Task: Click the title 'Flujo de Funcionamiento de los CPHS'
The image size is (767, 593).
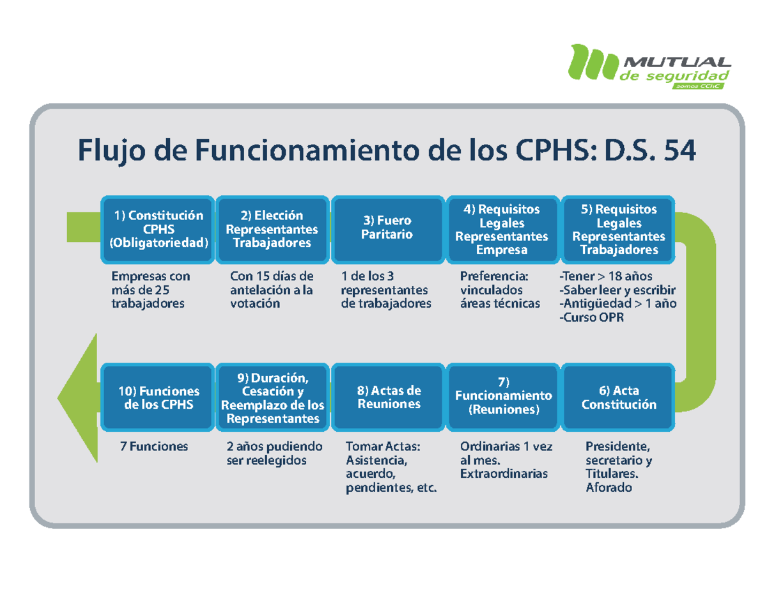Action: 386,152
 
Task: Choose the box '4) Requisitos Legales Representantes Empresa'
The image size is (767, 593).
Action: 501,229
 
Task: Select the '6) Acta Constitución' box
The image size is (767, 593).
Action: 618,397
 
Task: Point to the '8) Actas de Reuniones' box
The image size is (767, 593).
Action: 389,397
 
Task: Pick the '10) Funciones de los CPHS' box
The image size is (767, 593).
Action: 158,397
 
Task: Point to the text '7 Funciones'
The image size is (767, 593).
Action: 154,447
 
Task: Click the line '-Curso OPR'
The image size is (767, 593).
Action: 592,318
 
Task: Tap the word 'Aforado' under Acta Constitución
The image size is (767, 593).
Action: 608,488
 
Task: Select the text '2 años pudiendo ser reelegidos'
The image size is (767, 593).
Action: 274,454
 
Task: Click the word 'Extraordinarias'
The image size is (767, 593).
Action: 504,474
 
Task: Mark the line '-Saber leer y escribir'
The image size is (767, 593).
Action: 617,290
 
